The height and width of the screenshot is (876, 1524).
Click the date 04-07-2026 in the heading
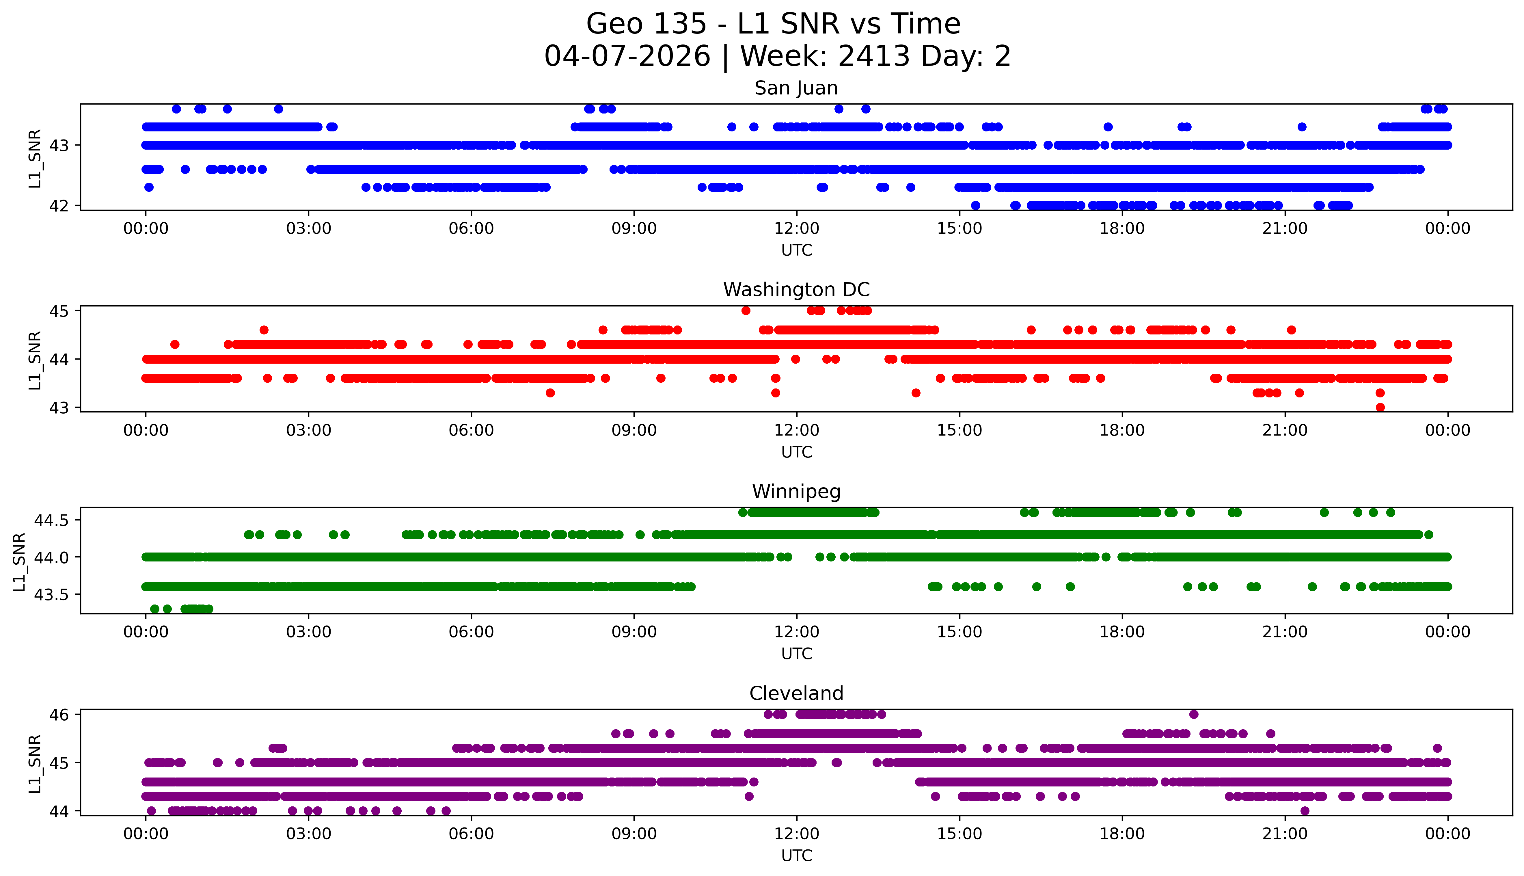[x=627, y=57]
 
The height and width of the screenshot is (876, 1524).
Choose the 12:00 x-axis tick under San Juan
[x=796, y=229]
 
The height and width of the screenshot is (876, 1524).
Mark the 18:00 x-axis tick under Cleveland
[x=1122, y=834]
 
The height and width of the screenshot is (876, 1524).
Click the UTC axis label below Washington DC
[x=796, y=452]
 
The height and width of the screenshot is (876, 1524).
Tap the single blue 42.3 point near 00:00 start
[x=149, y=187]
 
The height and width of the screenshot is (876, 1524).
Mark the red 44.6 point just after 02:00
[x=263, y=330]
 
